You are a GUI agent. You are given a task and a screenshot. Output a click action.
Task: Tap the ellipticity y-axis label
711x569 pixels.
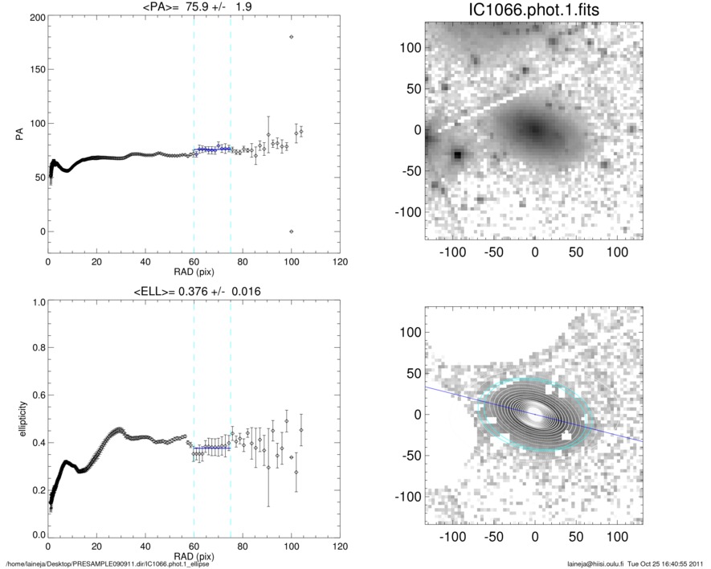(x=18, y=419)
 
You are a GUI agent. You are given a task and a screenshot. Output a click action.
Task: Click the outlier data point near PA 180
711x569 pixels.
(x=291, y=37)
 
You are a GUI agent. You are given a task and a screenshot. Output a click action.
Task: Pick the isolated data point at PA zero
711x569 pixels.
(x=291, y=231)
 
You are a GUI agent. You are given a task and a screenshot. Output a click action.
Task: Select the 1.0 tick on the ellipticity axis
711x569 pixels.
(x=36, y=303)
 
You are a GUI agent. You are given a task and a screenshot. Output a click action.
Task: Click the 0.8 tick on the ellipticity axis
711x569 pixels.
(x=36, y=350)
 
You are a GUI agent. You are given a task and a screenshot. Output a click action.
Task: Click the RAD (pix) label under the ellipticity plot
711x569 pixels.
(x=194, y=555)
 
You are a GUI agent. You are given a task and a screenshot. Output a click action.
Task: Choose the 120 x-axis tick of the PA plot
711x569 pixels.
(x=340, y=263)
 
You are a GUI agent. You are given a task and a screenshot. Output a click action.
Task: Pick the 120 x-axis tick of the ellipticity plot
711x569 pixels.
(x=340, y=546)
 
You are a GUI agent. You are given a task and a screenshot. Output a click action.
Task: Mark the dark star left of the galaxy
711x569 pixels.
(x=458, y=154)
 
